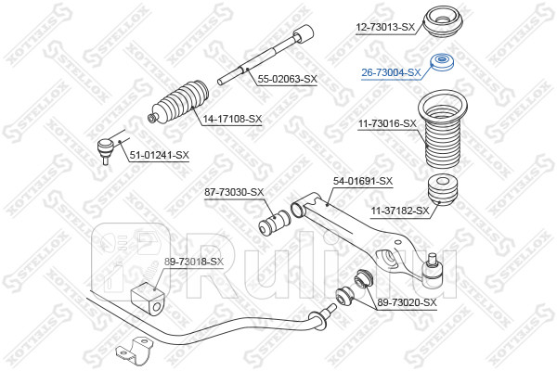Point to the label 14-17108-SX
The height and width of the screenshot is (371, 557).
(232, 120)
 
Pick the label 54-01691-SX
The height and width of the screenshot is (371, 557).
(362, 181)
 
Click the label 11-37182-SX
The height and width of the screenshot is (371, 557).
(400, 211)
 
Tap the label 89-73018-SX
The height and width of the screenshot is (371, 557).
(194, 262)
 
